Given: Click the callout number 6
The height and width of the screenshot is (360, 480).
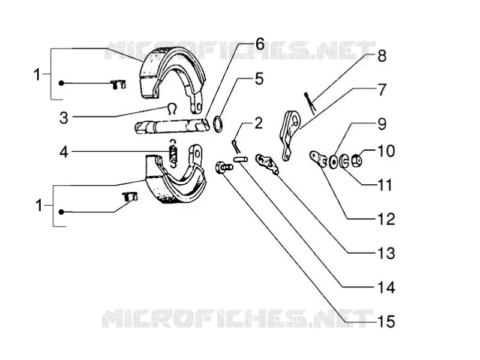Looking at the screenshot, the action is point(260,44).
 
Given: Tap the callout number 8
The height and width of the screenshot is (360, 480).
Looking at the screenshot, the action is point(382,56).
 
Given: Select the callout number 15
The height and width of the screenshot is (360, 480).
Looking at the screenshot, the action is point(386,322).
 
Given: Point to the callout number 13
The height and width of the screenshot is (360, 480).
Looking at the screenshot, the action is point(386,253).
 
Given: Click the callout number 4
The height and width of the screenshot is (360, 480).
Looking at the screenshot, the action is point(64,152).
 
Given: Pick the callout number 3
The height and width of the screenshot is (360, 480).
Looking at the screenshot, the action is point(64,118).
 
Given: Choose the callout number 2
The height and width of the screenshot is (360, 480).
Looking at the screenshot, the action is point(259,123).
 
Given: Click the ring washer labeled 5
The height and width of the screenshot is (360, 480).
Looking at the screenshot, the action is point(218,124).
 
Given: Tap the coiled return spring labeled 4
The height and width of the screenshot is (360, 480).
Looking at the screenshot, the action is point(173,153).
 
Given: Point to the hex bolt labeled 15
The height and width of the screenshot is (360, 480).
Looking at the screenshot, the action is point(224,167).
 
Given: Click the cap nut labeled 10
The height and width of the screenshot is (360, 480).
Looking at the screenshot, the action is point(356,161).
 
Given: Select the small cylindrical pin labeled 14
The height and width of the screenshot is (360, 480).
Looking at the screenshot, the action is point(241,159).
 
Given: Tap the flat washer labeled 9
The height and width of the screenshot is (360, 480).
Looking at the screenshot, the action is point(333,162).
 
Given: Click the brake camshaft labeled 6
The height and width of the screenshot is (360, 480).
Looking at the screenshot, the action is point(172,127).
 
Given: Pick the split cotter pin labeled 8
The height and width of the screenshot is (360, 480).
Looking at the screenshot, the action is point(310,103).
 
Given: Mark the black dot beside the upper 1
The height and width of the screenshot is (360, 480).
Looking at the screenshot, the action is point(62,83).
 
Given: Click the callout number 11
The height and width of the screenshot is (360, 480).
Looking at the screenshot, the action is point(385,185).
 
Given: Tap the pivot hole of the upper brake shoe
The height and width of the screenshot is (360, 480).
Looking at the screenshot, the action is point(199,107).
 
